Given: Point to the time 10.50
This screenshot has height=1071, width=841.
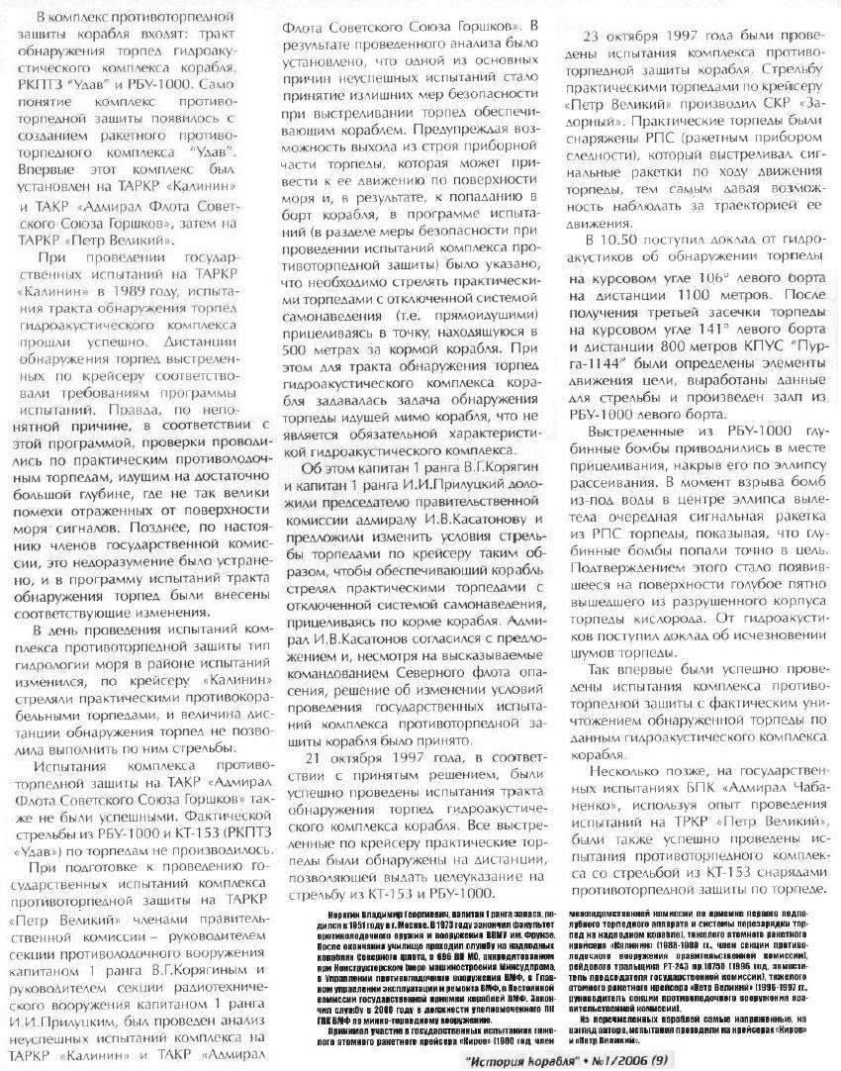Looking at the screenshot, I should click(620, 240).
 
